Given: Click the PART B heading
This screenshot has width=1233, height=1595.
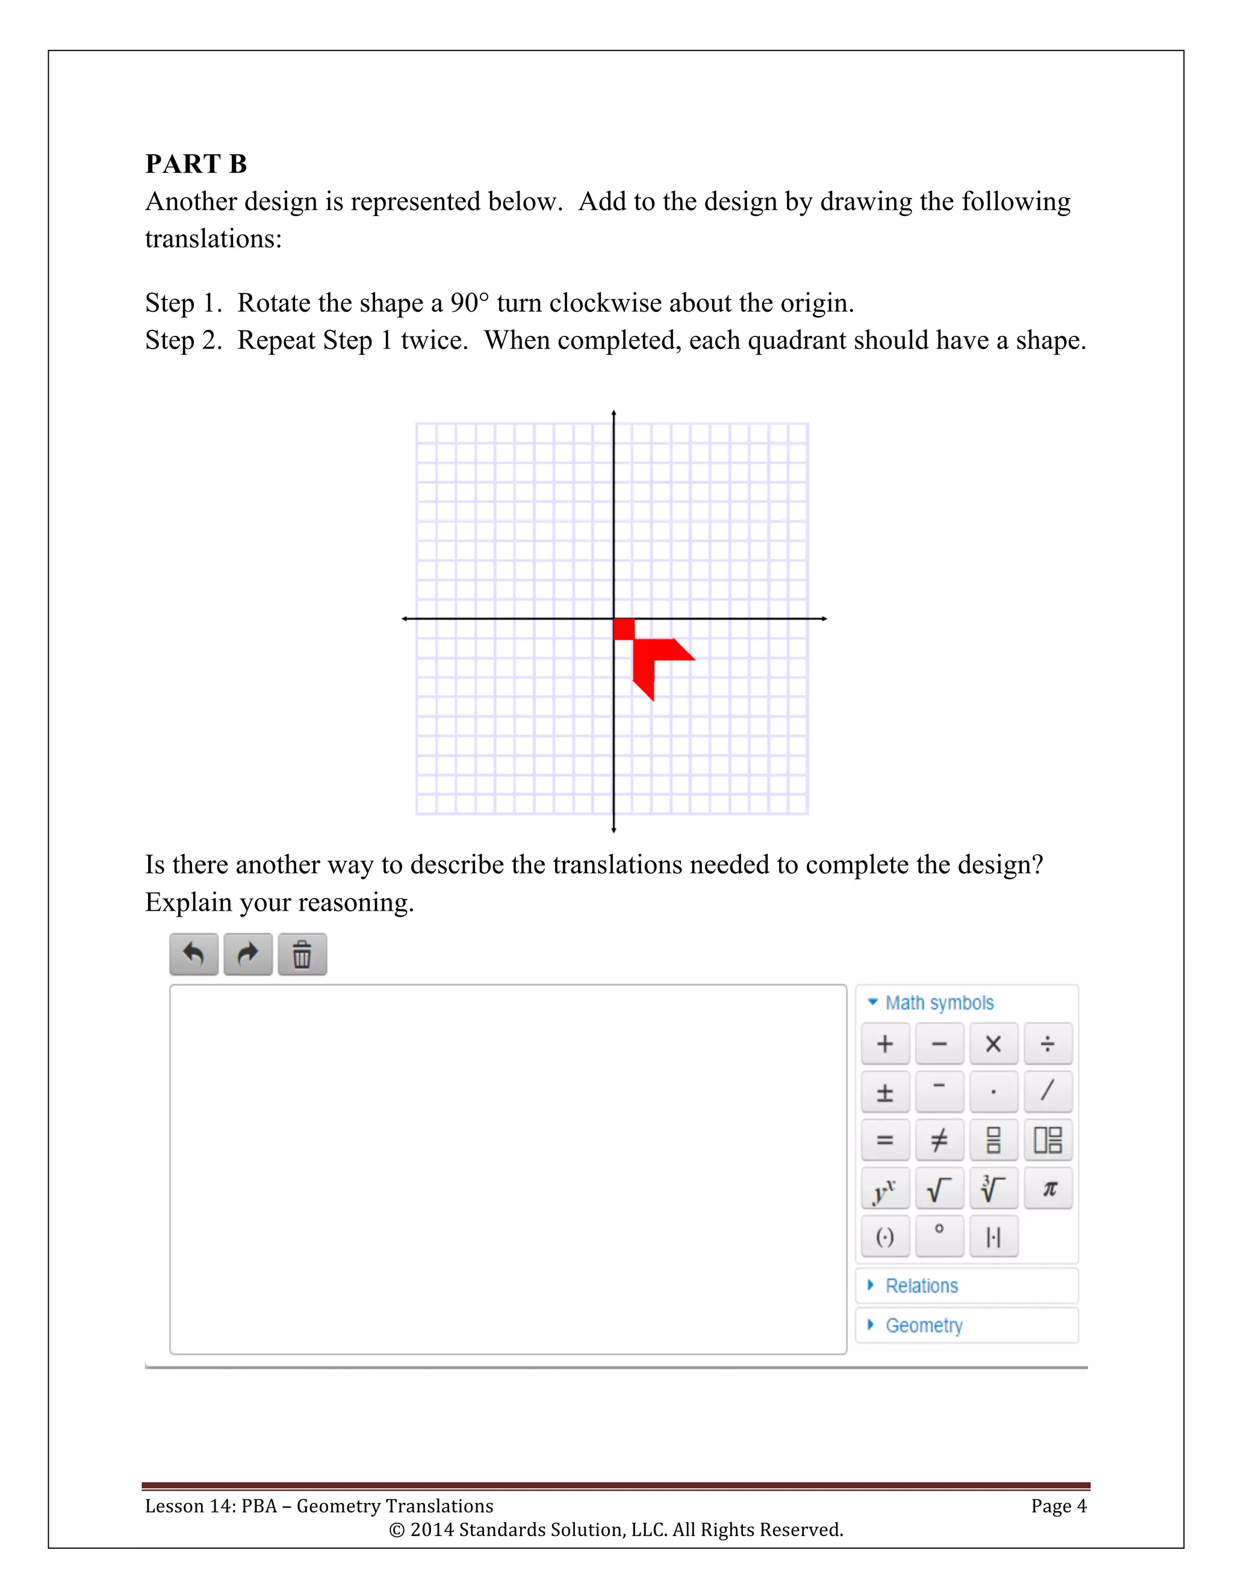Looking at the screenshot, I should coord(196,164).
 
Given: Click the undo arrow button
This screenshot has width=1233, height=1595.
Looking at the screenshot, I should coord(194,954).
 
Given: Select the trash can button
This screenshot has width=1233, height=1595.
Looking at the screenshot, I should coord(302,954).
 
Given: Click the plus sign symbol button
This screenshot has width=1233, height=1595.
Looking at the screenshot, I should coord(885,1044).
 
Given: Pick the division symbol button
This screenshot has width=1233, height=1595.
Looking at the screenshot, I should coord(1048,1044).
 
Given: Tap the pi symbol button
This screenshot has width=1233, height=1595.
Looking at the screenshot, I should coord(1048,1189).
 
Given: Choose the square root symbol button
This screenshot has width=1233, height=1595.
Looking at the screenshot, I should coord(939,1189).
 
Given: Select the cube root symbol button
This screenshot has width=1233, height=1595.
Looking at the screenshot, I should coord(993,1189).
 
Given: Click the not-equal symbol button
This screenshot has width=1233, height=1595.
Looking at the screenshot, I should coord(939,1140).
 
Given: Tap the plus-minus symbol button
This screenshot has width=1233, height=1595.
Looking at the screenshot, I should coord(885,1092).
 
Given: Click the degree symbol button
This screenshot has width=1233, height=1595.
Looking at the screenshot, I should coord(939,1236).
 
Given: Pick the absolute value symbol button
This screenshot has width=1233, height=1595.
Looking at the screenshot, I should coord(993,1236).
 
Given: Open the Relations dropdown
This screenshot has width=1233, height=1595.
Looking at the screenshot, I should coord(921,1286).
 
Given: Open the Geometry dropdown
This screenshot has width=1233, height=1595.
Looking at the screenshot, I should coord(924,1325).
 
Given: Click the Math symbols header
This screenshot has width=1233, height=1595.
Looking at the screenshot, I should coord(939,1003).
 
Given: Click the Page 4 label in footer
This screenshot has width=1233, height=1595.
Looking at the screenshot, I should coord(1058,1506).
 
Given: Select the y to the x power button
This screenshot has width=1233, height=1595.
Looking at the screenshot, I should coord(885,1189).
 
